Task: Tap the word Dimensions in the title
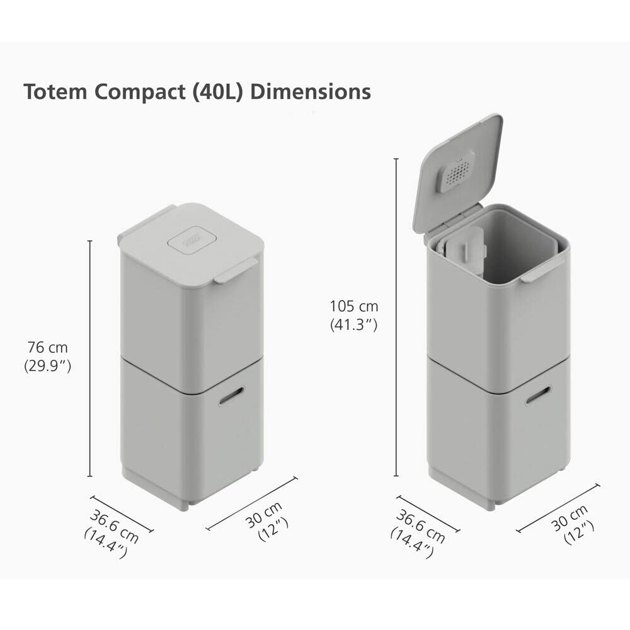(x=311, y=92)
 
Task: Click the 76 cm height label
(x=47, y=347)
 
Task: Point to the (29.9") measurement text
(x=47, y=365)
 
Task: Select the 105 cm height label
(x=354, y=307)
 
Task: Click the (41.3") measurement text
(x=354, y=325)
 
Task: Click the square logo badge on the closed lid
(x=192, y=239)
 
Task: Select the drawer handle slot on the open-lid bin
(x=537, y=395)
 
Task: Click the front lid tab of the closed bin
(x=235, y=270)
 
